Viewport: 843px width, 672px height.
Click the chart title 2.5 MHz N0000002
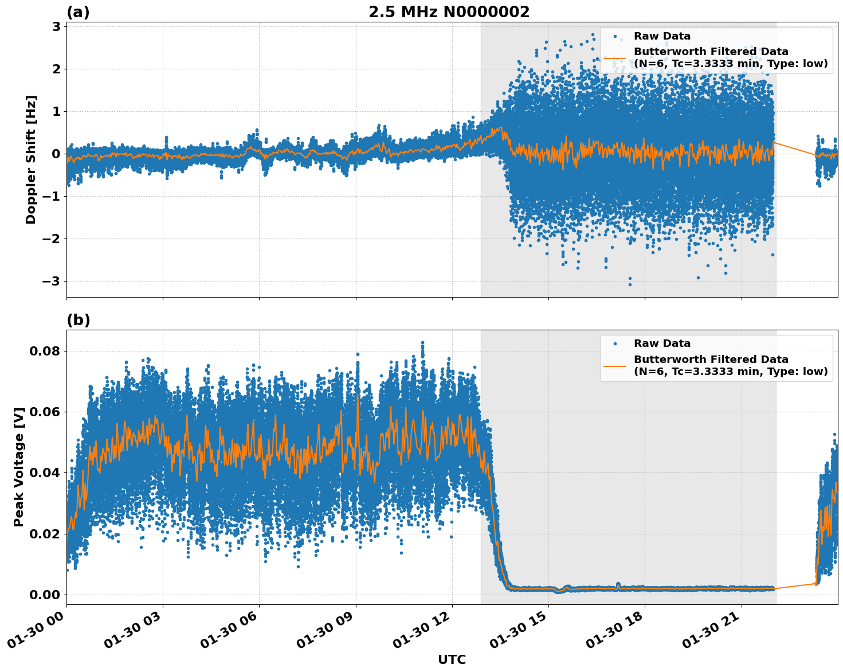449,12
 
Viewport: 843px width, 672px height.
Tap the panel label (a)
78,12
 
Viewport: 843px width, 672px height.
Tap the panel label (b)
78,320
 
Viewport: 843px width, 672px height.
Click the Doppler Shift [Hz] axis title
31,159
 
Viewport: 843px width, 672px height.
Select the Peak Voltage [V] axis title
19,467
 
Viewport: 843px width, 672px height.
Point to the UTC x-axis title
452,659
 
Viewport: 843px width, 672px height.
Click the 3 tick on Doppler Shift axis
56,26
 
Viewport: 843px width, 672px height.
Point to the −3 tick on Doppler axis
50,281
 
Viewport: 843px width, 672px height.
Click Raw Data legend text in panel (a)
662,36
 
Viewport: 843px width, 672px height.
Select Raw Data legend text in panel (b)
662,343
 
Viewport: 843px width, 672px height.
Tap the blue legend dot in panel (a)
614,36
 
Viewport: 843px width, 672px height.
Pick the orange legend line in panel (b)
614,365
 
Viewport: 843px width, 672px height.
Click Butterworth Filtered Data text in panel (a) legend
711,52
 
